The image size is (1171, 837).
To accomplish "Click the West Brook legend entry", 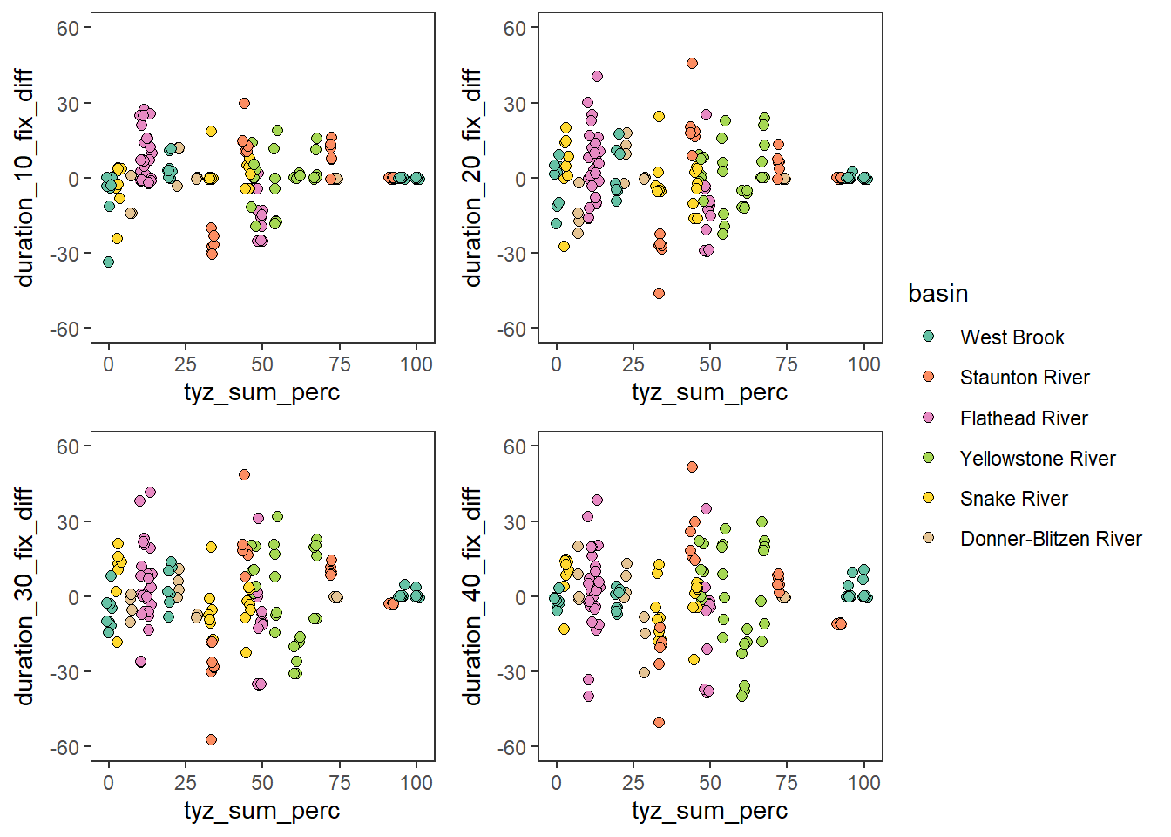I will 1012,337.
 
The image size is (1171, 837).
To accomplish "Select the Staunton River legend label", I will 1025,378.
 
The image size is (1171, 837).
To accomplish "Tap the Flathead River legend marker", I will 929,418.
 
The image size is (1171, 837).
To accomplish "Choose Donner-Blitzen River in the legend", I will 1050,539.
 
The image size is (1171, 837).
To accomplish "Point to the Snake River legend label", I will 1013,499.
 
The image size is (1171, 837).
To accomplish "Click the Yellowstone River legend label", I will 1037,459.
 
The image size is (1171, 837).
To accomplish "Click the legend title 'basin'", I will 937,293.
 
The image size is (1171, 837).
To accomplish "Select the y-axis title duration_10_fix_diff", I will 24,178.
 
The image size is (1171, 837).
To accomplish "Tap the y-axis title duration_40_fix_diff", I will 472,596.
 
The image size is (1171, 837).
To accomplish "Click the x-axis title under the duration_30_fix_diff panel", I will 261,811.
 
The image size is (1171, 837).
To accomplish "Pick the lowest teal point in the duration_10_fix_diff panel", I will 108,262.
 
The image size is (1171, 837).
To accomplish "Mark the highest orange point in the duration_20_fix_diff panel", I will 692,63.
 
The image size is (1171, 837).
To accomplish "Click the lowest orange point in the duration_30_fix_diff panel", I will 211,739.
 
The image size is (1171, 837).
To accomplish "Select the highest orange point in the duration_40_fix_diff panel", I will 692,467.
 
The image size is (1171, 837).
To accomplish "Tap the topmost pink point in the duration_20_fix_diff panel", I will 597,77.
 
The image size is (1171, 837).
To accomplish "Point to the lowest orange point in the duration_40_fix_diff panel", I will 659,722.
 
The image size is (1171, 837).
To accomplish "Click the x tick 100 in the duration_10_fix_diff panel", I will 416,364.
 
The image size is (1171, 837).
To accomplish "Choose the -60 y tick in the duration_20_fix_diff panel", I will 514,330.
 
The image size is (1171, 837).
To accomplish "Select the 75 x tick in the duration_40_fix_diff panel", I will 787,783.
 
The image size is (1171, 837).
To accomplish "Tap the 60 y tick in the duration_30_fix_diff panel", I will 68,446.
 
